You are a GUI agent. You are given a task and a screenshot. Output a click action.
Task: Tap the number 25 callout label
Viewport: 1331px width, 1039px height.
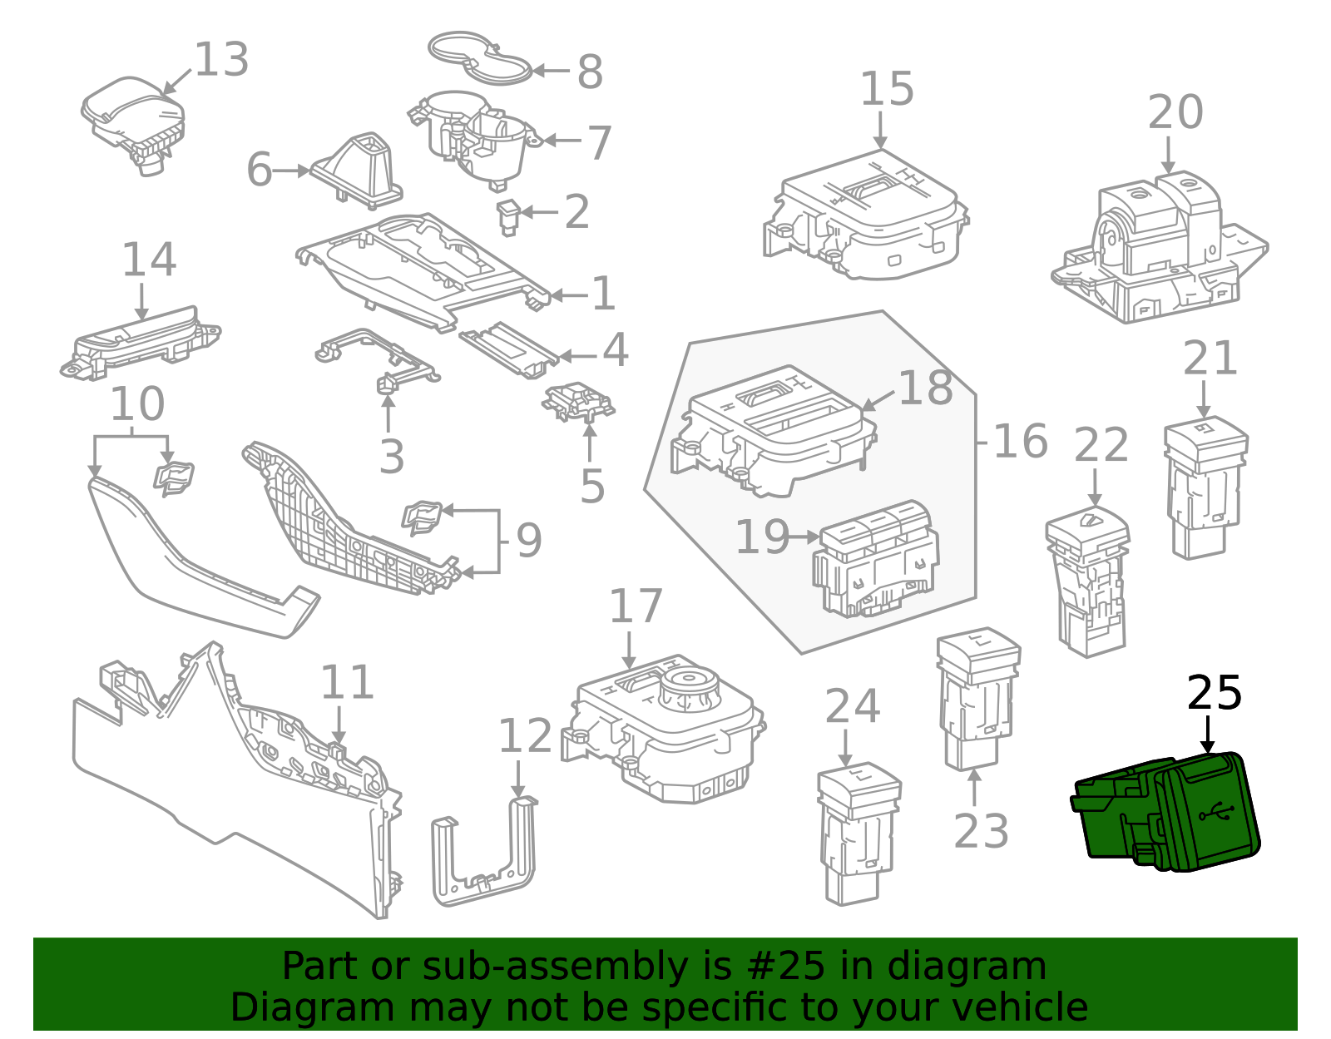point(1214,693)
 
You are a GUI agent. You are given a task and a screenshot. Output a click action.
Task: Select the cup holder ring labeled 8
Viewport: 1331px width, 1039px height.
point(480,58)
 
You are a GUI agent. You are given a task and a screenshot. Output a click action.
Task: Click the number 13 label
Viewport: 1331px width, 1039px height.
point(221,60)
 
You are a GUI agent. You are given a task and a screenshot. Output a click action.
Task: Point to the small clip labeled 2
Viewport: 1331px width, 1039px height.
point(508,215)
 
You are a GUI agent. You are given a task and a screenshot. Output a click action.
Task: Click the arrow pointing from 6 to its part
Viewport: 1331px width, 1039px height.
point(292,171)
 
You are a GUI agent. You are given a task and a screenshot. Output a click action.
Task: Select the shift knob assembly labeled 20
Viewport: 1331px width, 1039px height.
point(1160,250)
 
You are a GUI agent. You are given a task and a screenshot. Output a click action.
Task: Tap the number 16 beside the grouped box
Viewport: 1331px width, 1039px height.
point(1020,441)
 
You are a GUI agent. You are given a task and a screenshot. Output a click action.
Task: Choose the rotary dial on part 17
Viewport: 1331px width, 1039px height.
point(690,690)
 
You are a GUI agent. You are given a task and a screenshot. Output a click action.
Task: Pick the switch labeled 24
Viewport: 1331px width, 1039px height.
point(857,832)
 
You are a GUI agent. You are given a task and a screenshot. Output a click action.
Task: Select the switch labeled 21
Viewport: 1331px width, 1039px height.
point(1204,487)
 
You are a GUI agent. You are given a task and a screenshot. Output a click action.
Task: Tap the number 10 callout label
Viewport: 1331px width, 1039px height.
point(138,405)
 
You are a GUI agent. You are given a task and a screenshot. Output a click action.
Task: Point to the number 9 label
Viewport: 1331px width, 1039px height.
point(529,541)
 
